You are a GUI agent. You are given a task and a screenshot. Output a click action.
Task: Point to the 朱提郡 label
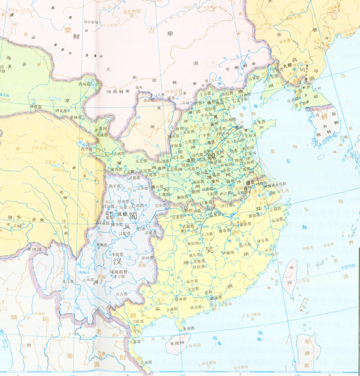(118, 254)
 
